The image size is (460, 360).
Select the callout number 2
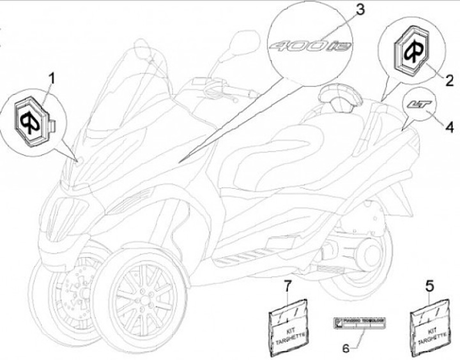[448, 80]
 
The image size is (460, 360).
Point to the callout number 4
[449, 128]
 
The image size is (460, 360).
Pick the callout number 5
[429, 280]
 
